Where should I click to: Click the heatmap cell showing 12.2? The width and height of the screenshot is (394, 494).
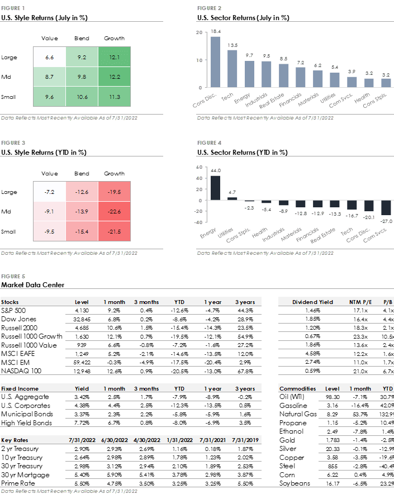coord(114,77)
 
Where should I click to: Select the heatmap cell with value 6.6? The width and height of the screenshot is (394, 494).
coord(49,57)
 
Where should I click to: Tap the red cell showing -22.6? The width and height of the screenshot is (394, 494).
coord(114,211)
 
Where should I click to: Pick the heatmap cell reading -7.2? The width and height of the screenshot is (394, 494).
coord(49,192)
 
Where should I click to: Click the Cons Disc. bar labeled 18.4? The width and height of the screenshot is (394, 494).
coord(215,61)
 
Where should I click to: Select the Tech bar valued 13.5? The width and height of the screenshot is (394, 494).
coord(232,69)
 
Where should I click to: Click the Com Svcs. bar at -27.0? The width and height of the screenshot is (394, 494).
coord(386,207)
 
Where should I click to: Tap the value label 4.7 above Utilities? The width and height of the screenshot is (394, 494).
coord(232,193)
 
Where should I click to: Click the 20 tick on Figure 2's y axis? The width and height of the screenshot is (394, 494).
coord(200,32)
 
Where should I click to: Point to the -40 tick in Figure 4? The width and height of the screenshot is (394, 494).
coord(198,222)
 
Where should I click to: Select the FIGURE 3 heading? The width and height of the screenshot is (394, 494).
coord(13,143)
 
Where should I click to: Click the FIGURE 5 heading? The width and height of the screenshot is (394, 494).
coord(13,277)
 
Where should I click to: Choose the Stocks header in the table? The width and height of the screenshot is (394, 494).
coord(10,302)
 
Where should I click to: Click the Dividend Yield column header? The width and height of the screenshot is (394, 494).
coord(312,302)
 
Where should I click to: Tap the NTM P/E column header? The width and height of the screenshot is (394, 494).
coord(360,302)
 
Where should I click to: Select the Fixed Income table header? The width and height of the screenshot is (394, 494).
coord(20,389)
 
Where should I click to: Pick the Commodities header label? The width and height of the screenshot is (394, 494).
coord(297,389)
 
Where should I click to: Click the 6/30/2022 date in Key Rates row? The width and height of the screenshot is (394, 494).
coord(115,440)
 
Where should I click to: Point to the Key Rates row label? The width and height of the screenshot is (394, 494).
coord(15,440)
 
